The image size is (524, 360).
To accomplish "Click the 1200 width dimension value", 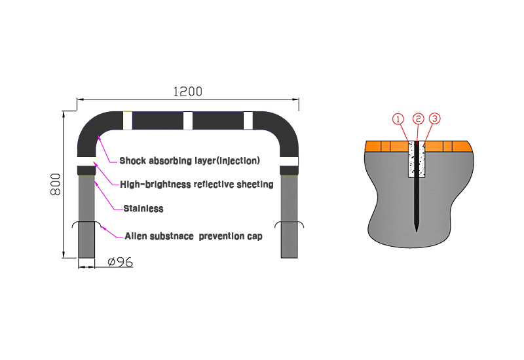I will point(187,92).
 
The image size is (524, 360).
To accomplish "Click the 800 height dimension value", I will point(56,184).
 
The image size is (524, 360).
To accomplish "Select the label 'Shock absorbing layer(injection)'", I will point(189,160).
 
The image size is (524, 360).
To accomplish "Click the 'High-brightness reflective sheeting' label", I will point(196,185).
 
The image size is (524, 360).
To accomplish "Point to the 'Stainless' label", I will point(143,209).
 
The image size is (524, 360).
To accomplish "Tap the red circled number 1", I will point(398,119).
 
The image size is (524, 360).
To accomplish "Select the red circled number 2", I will point(419,119).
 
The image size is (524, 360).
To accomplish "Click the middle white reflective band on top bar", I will point(188,120).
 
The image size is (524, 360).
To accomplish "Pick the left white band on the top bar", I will point(128,120).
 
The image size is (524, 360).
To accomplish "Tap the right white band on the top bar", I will point(248,120).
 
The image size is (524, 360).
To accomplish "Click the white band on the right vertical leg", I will point(290,162).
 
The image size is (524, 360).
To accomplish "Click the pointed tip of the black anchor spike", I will point(417,229).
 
